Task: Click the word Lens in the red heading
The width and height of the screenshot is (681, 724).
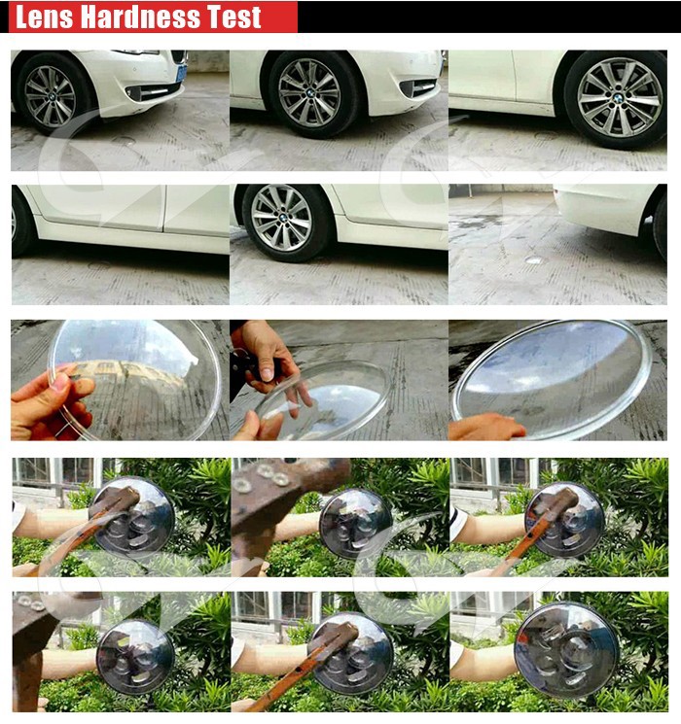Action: coord(44,17)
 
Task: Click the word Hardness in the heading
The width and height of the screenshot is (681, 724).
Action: coord(140,17)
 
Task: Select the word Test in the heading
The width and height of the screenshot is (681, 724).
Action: coord(233,17)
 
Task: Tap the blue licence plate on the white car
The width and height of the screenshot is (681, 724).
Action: coord(182,73)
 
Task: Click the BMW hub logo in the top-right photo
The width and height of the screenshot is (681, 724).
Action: coord(619,97)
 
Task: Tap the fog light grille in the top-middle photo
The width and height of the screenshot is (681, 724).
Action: coord(418,87)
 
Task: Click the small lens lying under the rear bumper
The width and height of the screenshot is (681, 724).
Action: coord(534,260)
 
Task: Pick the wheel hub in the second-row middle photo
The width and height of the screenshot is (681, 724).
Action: coord(281,218)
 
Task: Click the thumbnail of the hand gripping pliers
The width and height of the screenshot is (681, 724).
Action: coord(339,380)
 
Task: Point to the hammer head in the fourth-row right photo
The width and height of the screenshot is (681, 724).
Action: coord(555,501)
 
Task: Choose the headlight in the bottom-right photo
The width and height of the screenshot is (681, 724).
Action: coord(567,652)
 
